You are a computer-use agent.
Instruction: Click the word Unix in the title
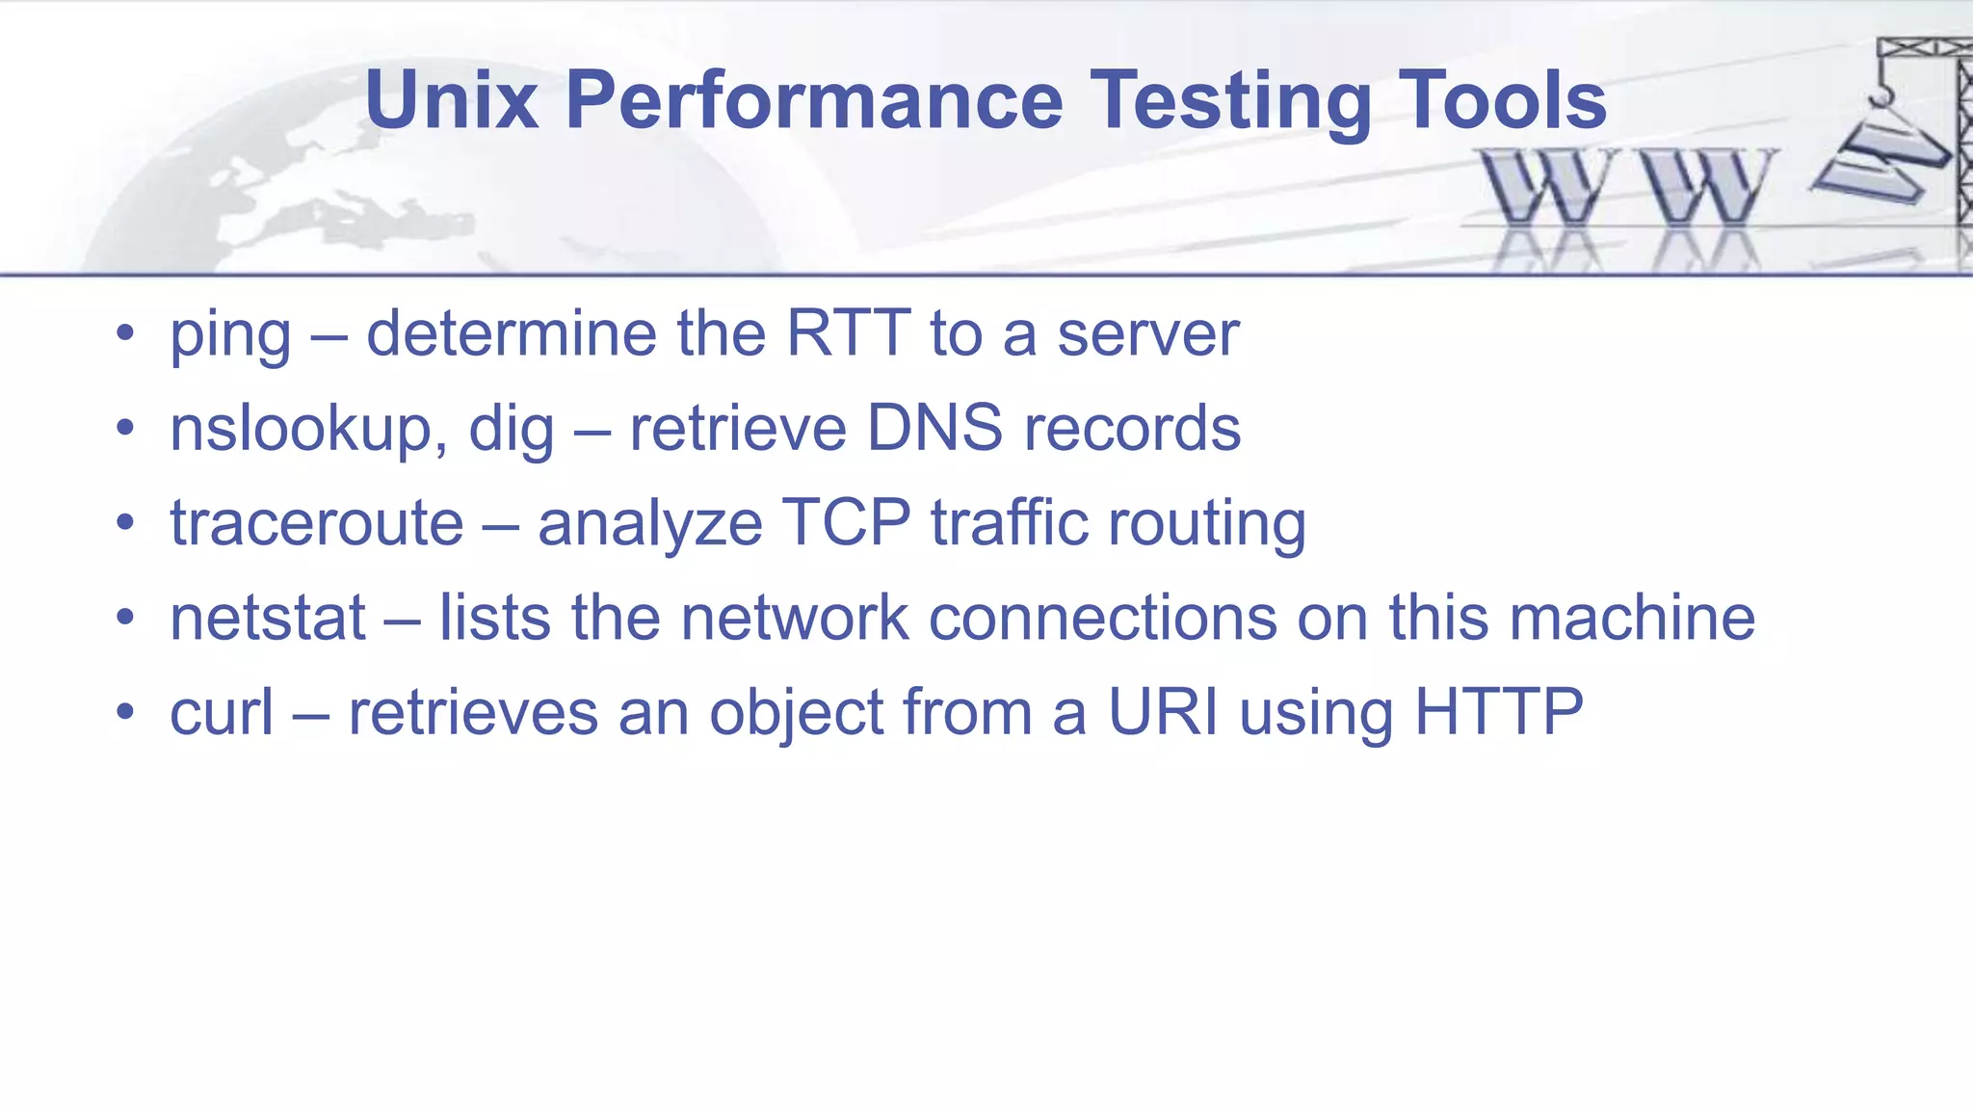[451, 100]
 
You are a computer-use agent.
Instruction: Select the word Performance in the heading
[814, 100]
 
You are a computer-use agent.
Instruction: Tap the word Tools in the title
[1502, 100]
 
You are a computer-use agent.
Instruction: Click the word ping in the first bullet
[230, 336]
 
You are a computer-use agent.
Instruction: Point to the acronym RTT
[848, 333]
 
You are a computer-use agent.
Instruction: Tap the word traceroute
[317, 523]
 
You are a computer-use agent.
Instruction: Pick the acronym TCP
[846, 523]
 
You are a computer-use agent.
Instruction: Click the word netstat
[268, 618]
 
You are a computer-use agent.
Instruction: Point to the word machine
[1632, 618]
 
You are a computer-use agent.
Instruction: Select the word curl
[222, 712]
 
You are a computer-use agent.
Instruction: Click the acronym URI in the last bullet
[1163, 712]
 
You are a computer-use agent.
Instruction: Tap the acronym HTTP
[1498, 712]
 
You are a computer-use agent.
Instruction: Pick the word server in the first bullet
[1147, 334]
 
